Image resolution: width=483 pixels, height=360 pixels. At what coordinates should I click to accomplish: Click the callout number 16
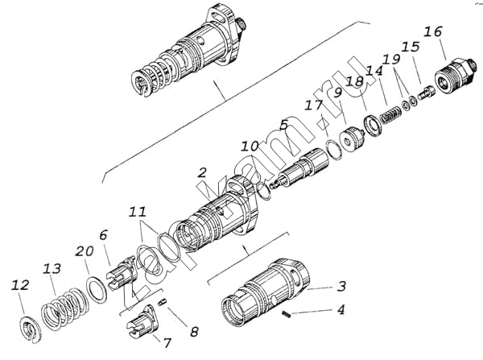(x=433, y=31)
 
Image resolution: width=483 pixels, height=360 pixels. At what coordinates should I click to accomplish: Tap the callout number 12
(x=20, y=285)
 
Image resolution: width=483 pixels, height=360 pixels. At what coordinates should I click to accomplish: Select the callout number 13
(x=52, y=268)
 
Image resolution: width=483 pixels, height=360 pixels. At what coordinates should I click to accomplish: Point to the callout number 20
(x=85, y=251)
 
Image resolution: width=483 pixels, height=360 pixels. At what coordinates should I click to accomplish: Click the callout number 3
(x=341, y=287)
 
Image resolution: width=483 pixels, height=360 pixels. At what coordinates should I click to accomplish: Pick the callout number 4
(x=341, y=310)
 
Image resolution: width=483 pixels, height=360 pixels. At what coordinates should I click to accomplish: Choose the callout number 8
(x=194, y=332)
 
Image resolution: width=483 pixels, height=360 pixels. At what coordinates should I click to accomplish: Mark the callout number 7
(x=167, y=343)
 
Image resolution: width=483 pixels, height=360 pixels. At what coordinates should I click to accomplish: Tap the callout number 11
(x=138, y=212)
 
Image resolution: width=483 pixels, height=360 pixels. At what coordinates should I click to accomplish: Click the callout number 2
(x=202, y=172)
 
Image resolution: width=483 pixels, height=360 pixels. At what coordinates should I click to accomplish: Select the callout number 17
(x=313, y=106)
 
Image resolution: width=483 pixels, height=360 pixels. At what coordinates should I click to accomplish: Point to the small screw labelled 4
(x=287, y=314)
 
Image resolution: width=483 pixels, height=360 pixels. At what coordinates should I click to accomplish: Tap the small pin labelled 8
(x=163, y=301)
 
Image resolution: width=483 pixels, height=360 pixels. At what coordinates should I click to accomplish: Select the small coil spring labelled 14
(x=390, y=115)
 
